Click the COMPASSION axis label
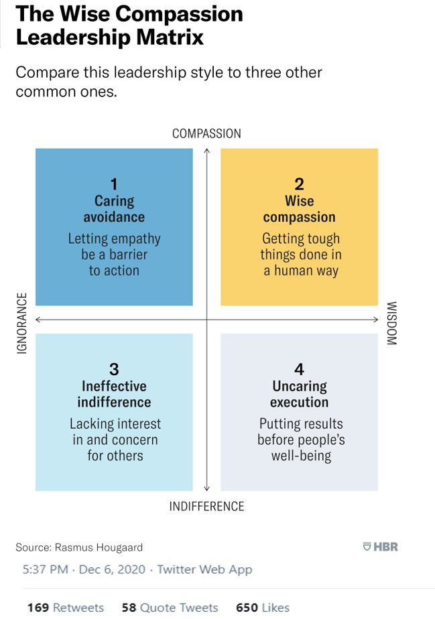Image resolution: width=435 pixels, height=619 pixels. pyautogui.click(x=206, y=133)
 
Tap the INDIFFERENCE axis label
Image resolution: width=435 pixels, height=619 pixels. pyautogui.click(x=206, y=506)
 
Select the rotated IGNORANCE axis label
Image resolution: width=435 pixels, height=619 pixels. pyautogui.click(x=21, y=323)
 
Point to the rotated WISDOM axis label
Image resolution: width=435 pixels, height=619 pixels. pyautogui.click(x=392, y=324)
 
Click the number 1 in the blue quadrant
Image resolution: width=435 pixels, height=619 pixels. pyautogui.click(x=114, y=184)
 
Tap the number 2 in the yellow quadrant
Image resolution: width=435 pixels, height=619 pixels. pyautogui.click(x=299, y=184)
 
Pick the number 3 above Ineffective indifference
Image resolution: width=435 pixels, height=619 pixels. pyautogui.click(x=114, y=369)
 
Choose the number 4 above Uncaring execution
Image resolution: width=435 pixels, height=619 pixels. pyautogui.click(x=299, y=369)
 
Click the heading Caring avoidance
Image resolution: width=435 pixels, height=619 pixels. pyautogui.click(x=114, y=209)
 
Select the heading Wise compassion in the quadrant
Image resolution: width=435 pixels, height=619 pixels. pyautogui.click(x=299, y=209)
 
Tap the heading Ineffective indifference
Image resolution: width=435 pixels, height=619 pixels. pyautogui.click(x=114, y=394)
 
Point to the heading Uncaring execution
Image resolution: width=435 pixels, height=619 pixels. pyautogui.click(x=299, y=394)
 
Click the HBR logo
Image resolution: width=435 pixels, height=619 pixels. pyautogui.click(x=380, y=547)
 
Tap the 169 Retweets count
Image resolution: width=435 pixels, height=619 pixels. pyautogui.click(x=66, y=608)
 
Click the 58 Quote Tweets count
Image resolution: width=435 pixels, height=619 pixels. pyautogui.click(x=170, y=608)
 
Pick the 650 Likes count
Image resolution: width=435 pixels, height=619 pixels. pyautogui.click(x=263, y=608)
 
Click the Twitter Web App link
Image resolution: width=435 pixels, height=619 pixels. pyautogui.click(x=204, y=569)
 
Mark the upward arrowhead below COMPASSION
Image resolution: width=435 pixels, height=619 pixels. pyautogui.click(x=206, y=150)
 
